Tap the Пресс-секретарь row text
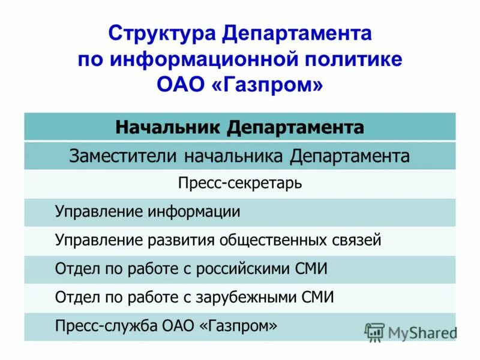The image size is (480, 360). pyautogui.click(x=239, y=183)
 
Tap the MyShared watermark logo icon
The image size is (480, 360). pyautogui.click(x=374, y=332)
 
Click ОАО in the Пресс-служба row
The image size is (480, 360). pyautogui.click(x=178, y=325)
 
